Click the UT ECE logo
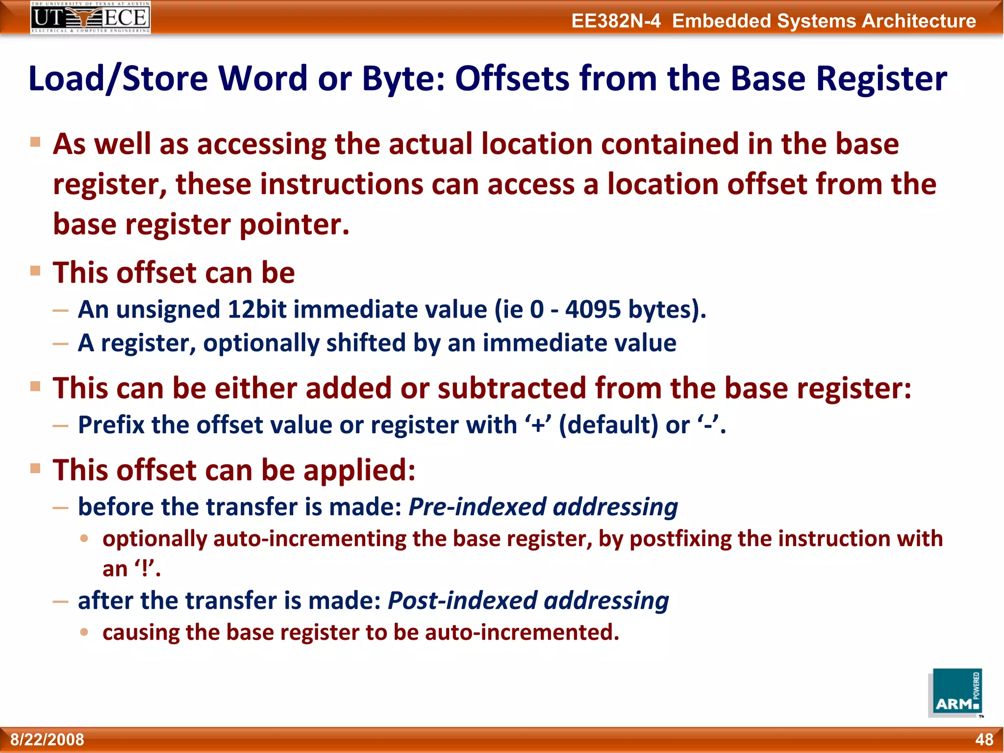[x=90, y=17]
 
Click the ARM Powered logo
[x=955, y=693]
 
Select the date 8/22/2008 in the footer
[x=48, y=739]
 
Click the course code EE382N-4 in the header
[x=616, y=21]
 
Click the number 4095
[x=593, y=310]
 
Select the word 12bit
[x=257, y=310]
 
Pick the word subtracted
[x=512, y=388]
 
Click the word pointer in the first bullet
[x=294, y=225]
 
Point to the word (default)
[x=608, y=425]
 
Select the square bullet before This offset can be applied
[x=35, y=468]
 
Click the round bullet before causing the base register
[x=84, y=632]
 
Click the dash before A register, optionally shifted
[x=60, y=344]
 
